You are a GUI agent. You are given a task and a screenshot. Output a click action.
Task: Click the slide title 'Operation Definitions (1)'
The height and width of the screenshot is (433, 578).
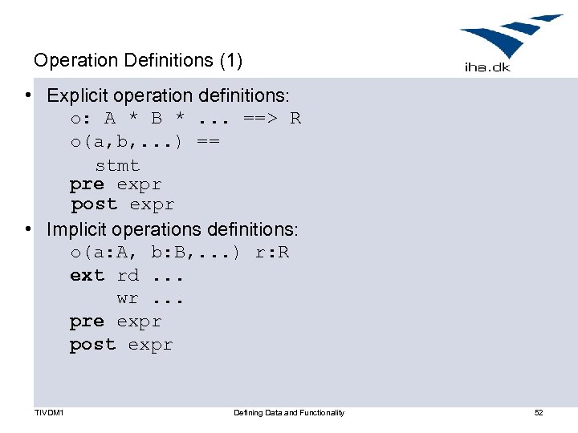tap(137, 60)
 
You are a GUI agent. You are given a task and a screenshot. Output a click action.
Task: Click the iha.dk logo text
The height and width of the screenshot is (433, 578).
tap(486, 67)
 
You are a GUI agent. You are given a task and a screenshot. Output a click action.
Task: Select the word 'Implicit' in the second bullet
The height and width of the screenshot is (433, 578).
tap(76, 229)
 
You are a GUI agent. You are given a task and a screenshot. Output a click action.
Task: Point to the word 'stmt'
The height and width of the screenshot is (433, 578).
tap(117, 166)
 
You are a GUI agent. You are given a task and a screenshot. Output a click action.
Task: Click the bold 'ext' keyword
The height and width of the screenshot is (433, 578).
tap(87, 275)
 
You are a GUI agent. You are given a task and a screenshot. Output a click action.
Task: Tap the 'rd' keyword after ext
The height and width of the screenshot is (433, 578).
tap(128, 275)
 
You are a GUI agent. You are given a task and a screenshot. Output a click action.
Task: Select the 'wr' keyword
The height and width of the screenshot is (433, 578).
tap(128, 298)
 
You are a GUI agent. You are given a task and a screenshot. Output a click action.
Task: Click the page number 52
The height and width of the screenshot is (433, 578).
tap(539, 413)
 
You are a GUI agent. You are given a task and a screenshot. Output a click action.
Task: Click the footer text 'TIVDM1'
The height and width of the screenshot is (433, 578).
tap(49, 413)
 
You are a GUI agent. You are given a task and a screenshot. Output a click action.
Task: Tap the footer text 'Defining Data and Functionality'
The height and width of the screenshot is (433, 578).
tap(289, 413)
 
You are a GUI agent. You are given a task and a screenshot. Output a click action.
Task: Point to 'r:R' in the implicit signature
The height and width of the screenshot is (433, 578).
tap(272, 253)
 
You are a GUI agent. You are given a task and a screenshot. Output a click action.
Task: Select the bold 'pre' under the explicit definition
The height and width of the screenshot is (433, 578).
tap(87, 184)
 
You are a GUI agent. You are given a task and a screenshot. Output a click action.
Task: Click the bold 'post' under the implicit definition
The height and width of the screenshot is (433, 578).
tap(92, 344)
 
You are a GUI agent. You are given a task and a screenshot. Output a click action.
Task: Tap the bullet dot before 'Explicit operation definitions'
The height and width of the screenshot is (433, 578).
tap(28, 96)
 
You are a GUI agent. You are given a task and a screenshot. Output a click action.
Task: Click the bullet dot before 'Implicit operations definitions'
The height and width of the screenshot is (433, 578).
tap(28, 230)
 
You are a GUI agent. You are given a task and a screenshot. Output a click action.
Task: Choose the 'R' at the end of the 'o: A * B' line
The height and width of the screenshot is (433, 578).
tap(295, 119)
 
